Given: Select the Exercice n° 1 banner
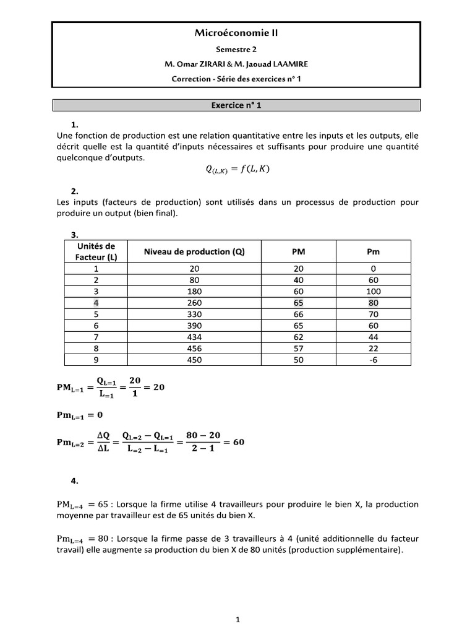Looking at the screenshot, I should pos(237,105).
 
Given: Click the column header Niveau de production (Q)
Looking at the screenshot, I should pos(194,252).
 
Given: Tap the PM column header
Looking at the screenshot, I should pos(298,252).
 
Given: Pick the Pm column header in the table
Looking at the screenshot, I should pos(373,252).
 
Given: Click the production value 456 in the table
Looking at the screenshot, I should pos(194,349).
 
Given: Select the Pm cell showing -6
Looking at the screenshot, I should pos(373,360).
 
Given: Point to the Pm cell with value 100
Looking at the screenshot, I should pos(373,292).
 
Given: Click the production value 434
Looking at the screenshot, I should pos(194,337).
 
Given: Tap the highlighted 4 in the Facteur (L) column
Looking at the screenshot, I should pos(96,303).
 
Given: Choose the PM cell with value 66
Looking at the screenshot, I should pos(298,315).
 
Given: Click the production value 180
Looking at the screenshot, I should pos(194,292).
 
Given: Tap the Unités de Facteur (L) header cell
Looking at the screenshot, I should pos(96,252).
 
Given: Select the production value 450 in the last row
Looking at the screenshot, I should pos(194,360).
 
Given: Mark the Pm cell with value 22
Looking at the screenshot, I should pos(373,349).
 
